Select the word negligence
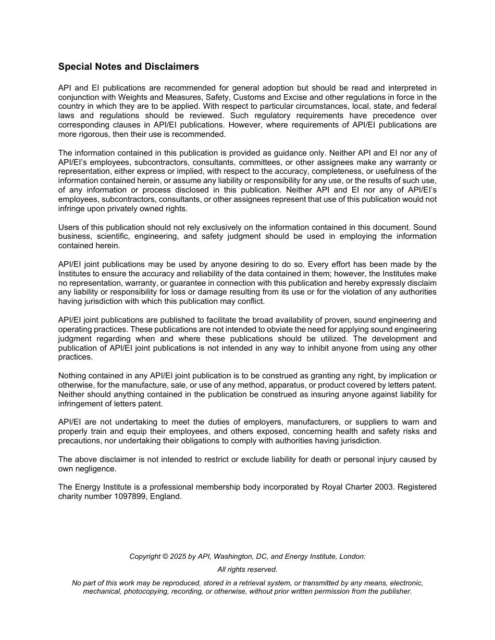coord(96,469)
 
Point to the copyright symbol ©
coord(166,556)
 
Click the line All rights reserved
coord(247,569)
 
